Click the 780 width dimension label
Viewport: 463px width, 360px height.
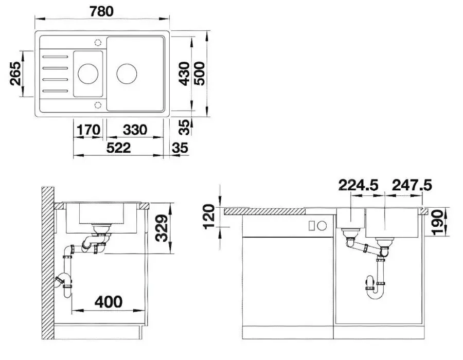[101, 11]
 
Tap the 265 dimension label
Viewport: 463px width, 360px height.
[15, 74]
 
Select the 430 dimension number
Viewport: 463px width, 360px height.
[185, 74]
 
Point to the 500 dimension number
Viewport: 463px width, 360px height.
[199, 74]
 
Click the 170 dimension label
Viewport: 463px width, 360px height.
[88, 130]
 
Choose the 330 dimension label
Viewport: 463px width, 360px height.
[135, 130]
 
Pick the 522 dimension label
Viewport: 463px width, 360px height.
[118, 148]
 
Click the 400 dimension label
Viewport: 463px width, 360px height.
[109, 301]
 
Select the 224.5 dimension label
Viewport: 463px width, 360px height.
[358, 185]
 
